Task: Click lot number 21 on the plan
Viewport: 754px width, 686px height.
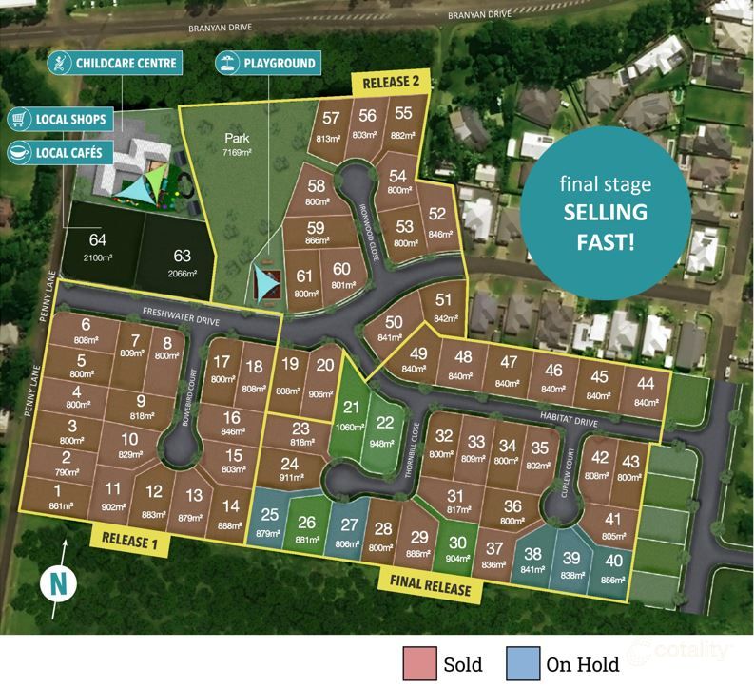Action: (352, 408)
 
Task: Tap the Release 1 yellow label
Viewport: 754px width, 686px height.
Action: (129, 543)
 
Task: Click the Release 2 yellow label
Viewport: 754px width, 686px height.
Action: (393, 82)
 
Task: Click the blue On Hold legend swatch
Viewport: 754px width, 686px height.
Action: (522, 663)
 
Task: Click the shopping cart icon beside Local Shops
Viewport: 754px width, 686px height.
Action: (18, 120)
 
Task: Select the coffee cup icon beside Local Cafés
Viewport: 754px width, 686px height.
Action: (18, 151)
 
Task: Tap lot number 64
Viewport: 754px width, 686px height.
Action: (98, 239)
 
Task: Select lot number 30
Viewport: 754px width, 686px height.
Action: (458, 543)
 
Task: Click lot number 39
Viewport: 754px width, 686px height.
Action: (570, 558)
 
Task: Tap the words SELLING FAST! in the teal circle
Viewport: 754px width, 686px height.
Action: (605, 226)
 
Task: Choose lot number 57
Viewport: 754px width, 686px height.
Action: (331, 119)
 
